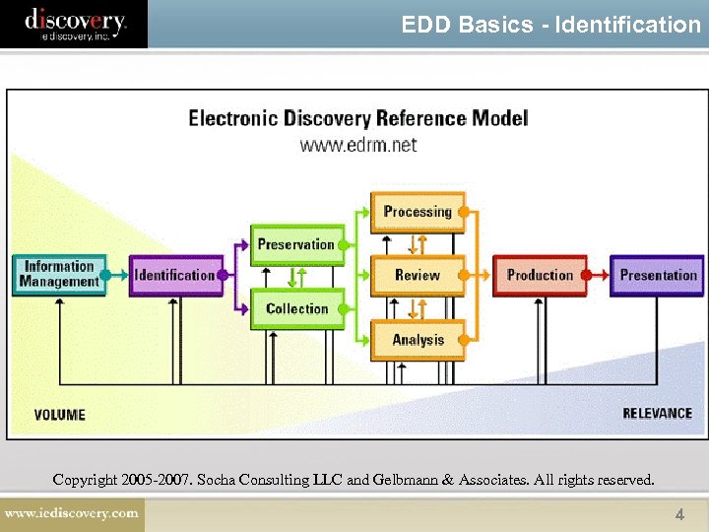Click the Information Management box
click(x=59, y=275)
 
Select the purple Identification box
click(x=175, y=275)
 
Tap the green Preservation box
click(x=296, y=244)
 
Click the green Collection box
click(x=296, y=308)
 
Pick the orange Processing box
click(x=417, y=212)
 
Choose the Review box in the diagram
click(x=417, y=275)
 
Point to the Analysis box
click(x=417, y=340)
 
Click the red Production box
click(x=539, y=275)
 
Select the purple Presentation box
click(x=657, y=275)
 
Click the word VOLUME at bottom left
click(x=59, y=415)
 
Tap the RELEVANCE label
click(x=657, y=414)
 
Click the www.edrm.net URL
click(x=358, y=145)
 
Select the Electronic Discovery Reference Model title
click(x=358, y=118)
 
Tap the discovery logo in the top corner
click(x=75, y=23)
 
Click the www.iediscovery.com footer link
click(x=72, y=513)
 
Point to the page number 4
click(x=678, y=514)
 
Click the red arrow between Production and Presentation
click(x=599, y=276)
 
